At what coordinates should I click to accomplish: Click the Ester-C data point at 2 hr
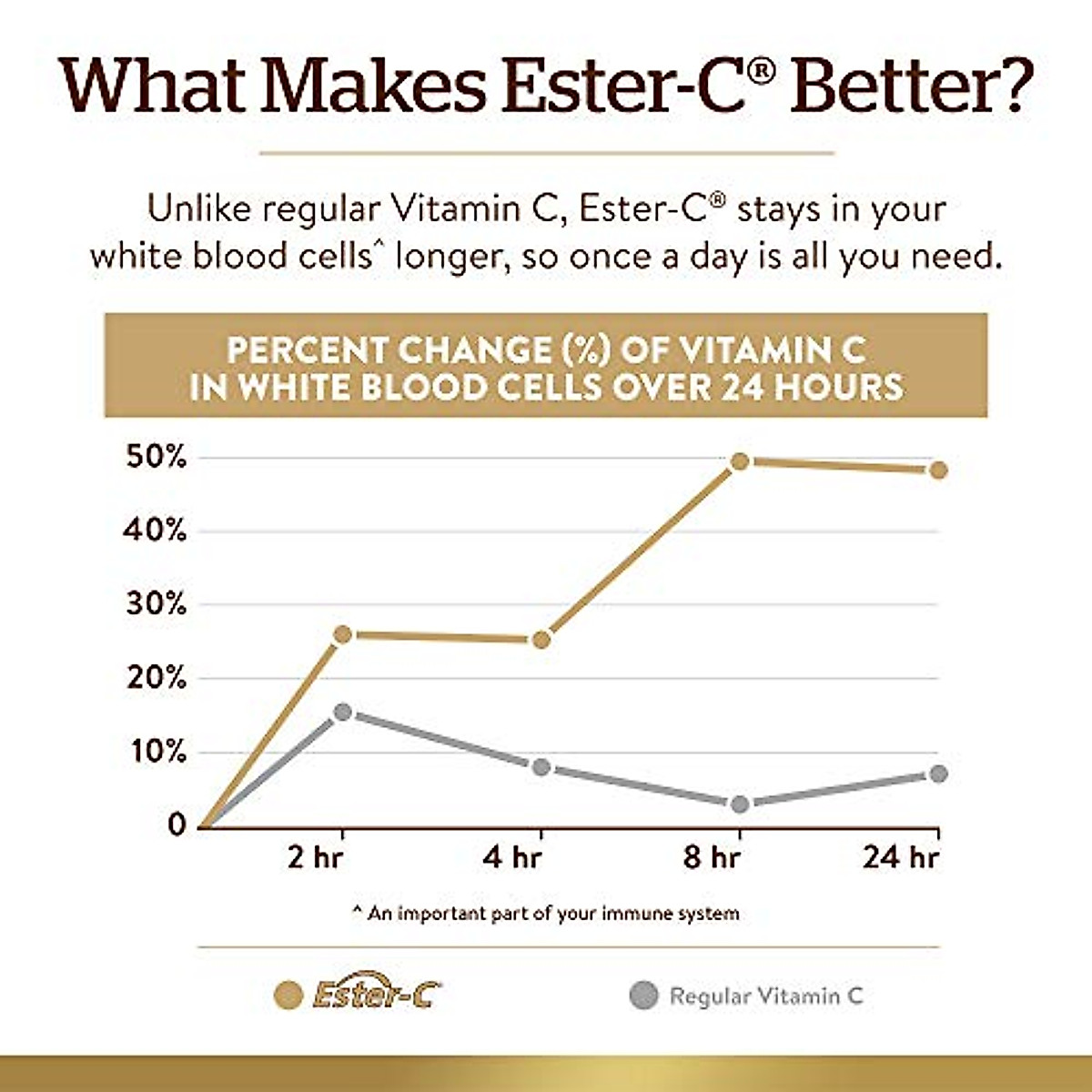(342, 634)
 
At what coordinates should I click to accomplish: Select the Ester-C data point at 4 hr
(541, 640)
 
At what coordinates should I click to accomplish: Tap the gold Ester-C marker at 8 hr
(740, 461)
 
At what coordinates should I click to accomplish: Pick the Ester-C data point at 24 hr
(938, 470)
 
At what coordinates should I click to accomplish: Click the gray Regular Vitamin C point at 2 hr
(342, 712)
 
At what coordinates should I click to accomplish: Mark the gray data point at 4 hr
(541, 767)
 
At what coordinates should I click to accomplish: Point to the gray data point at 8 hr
(740, 804)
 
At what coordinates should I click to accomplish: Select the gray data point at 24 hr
(938, 773)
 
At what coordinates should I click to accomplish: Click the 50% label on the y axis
(155, 458)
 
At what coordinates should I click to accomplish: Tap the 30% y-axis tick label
(155, 605)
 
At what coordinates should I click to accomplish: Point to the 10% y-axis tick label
(155, 753)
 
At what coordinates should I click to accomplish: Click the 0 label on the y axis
(177, 825)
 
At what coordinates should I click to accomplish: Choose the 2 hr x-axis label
(315, 858)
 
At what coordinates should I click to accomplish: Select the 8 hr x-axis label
(712, 858)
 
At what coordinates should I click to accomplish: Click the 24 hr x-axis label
(901, 858)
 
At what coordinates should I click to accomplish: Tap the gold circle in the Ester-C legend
(288, 996)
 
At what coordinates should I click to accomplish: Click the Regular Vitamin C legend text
(766, 996)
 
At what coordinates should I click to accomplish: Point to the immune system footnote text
(546, 913)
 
